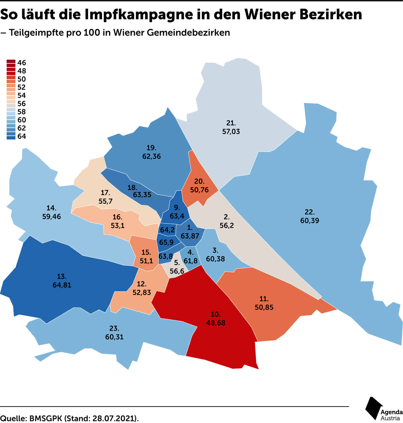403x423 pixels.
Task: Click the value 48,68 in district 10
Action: click(216, 323)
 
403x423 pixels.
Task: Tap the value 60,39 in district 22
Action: click(310, 221)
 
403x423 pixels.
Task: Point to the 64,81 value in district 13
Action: click(62, 285)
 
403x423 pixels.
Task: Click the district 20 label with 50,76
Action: click(199, 186)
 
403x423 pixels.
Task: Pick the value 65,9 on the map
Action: click(166, 243)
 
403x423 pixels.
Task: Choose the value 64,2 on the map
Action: click(167, 230)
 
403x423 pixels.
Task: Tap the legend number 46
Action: click(22, 63)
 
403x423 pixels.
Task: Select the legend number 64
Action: click(22, 136)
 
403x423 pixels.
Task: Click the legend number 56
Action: click(22, 104)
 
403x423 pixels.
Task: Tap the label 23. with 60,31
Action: click(114, 333)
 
